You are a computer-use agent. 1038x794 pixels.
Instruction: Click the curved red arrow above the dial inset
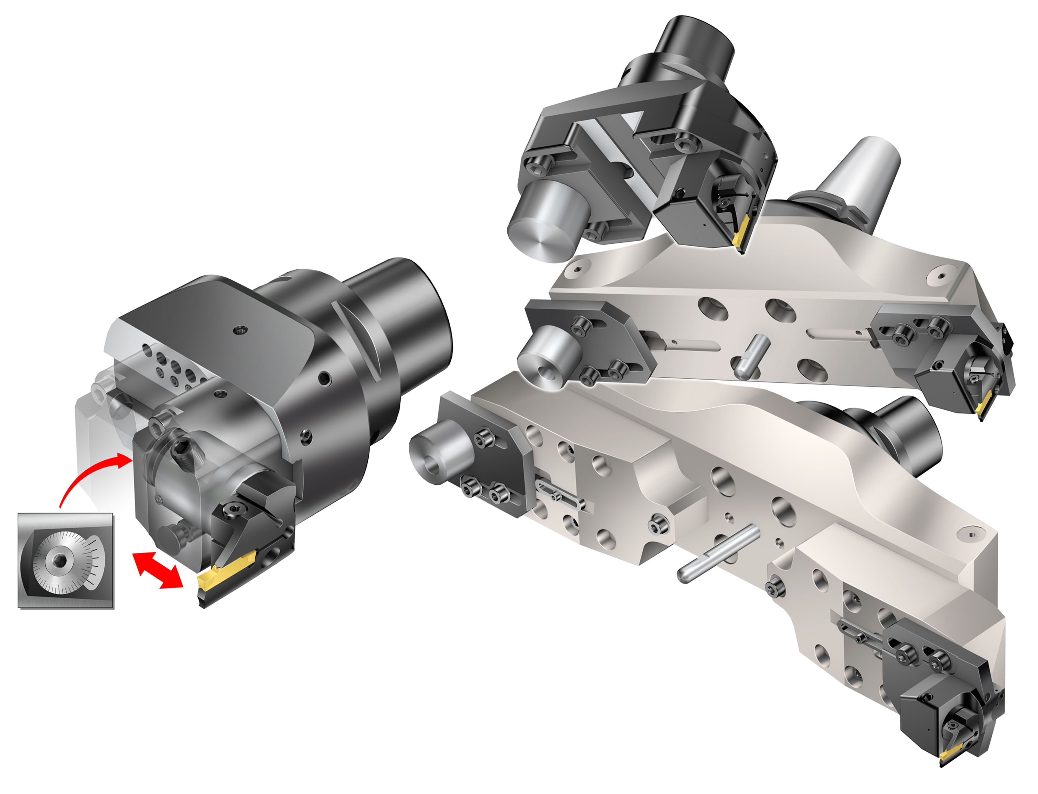point(90,477)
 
